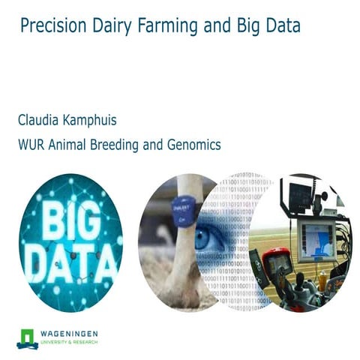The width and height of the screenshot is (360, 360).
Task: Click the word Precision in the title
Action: [50, 27]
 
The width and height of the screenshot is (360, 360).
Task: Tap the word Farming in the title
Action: [163, 27]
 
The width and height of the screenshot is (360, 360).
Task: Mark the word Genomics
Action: [195, 145]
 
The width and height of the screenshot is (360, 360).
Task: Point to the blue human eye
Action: [208, 238]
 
